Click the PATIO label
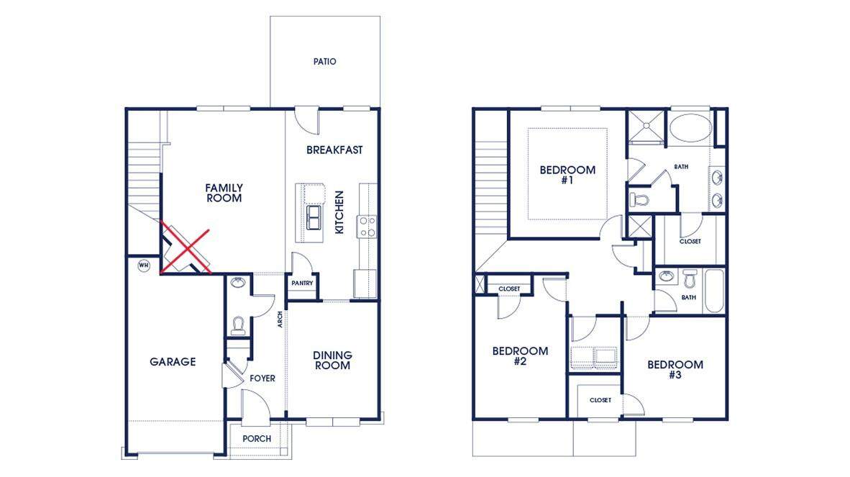325,62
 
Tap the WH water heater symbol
143,265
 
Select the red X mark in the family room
186,250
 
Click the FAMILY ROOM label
224,193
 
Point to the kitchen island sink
314,217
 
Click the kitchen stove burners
367,227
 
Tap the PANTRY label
302,283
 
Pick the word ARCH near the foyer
280,319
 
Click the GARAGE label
173,362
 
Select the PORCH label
257,439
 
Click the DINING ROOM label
332,360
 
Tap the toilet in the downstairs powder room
238,325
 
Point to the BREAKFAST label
334,150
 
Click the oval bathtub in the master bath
690,128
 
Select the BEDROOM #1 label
567,175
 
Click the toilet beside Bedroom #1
639,200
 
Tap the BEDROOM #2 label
520,355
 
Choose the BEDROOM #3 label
675,369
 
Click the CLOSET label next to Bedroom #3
600,400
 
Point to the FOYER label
262,378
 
